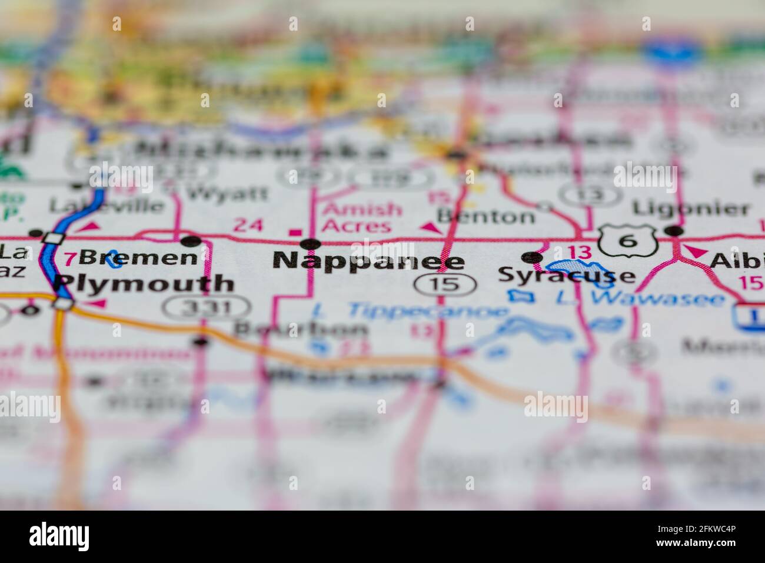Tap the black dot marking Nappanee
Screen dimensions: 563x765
coord(310,243)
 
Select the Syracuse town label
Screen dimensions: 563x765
coord(567,275)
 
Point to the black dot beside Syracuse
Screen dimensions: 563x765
coord(532,257)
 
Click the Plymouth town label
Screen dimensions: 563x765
coord(144,284)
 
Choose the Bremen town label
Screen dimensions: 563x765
coord(138,257)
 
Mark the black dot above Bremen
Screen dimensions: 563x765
coord(190,240)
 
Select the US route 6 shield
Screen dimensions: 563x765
coord(628,240)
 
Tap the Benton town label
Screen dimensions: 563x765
coord(486,216)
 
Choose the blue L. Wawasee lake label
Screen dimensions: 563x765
coord(640,298)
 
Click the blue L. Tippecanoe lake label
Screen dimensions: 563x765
coord(409,311)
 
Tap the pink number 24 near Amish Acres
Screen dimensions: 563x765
coord(247,224)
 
